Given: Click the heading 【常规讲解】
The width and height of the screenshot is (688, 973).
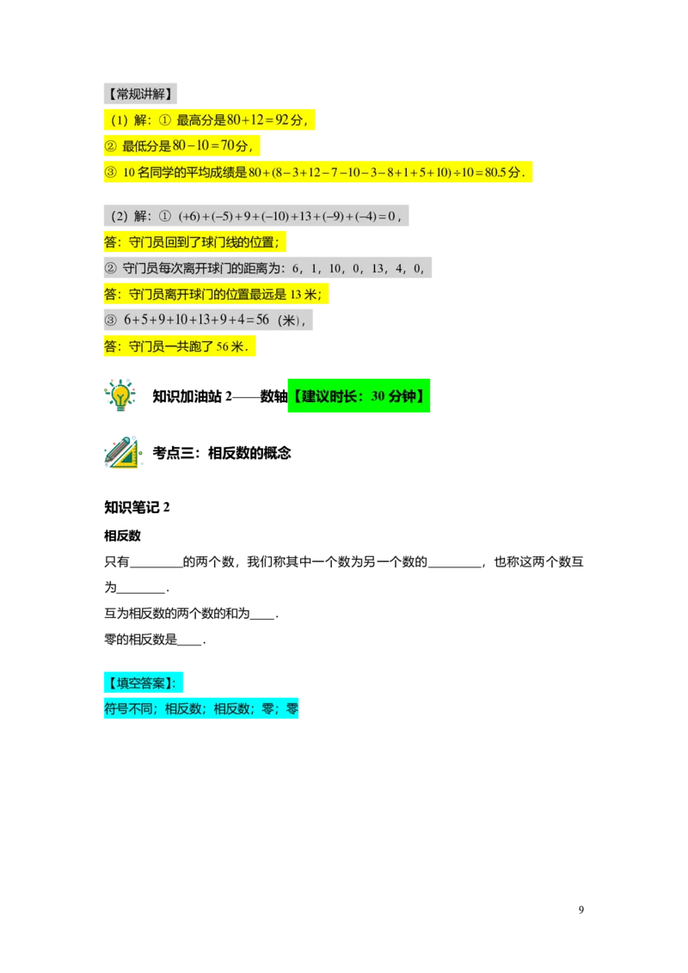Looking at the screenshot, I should coord(140,94).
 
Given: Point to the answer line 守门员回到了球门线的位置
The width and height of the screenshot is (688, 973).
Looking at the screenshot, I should coord(196,242).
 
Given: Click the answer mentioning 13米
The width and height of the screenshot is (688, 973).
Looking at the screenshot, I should coord(216,295).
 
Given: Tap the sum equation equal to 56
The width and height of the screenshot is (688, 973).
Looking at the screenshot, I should coord(197,320).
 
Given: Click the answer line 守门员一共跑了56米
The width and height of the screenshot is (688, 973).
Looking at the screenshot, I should coord(181,346).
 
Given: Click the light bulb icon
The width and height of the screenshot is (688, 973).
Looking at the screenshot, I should coord(120,393).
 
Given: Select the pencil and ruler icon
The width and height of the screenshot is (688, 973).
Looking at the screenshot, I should coord(123,454).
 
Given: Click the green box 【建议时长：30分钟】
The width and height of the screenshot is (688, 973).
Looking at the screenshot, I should coord(357,397).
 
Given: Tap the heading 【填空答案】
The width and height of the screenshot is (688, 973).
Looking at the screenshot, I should coord(144,682).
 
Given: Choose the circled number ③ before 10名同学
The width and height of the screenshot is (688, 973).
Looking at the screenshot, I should coord(110,172).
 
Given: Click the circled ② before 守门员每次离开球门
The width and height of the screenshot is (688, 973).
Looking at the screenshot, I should coord(110,268).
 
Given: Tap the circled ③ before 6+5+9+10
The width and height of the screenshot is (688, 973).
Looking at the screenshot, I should coord(110,320).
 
